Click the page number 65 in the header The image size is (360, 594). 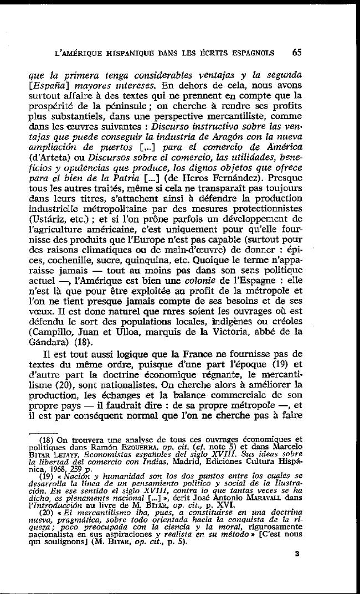coord(297,53)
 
